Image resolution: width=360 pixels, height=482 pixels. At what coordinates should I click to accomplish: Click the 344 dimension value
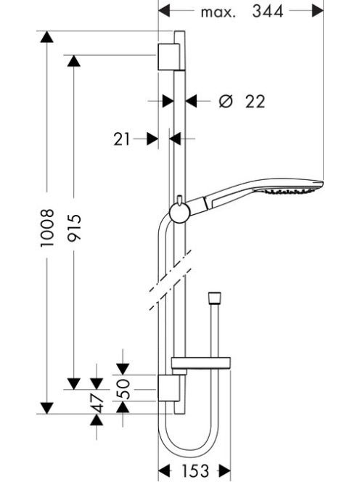(268, 12)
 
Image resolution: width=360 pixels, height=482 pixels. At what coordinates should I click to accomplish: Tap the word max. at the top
(218, 12)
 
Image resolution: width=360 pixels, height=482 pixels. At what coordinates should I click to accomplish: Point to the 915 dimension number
(75, 228)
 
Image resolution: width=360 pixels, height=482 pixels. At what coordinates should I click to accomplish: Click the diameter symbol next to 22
(226, 101)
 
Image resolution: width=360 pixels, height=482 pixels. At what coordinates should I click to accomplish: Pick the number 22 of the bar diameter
(255, 102)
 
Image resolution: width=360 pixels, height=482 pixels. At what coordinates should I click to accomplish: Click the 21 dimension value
(122, 139)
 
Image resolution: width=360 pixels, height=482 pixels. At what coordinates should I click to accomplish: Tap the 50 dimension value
(123, 389)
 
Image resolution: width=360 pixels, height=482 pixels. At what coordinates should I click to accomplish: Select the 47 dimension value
(97, 403)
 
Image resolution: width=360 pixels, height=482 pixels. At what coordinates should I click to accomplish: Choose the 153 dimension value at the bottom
(195, 470)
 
